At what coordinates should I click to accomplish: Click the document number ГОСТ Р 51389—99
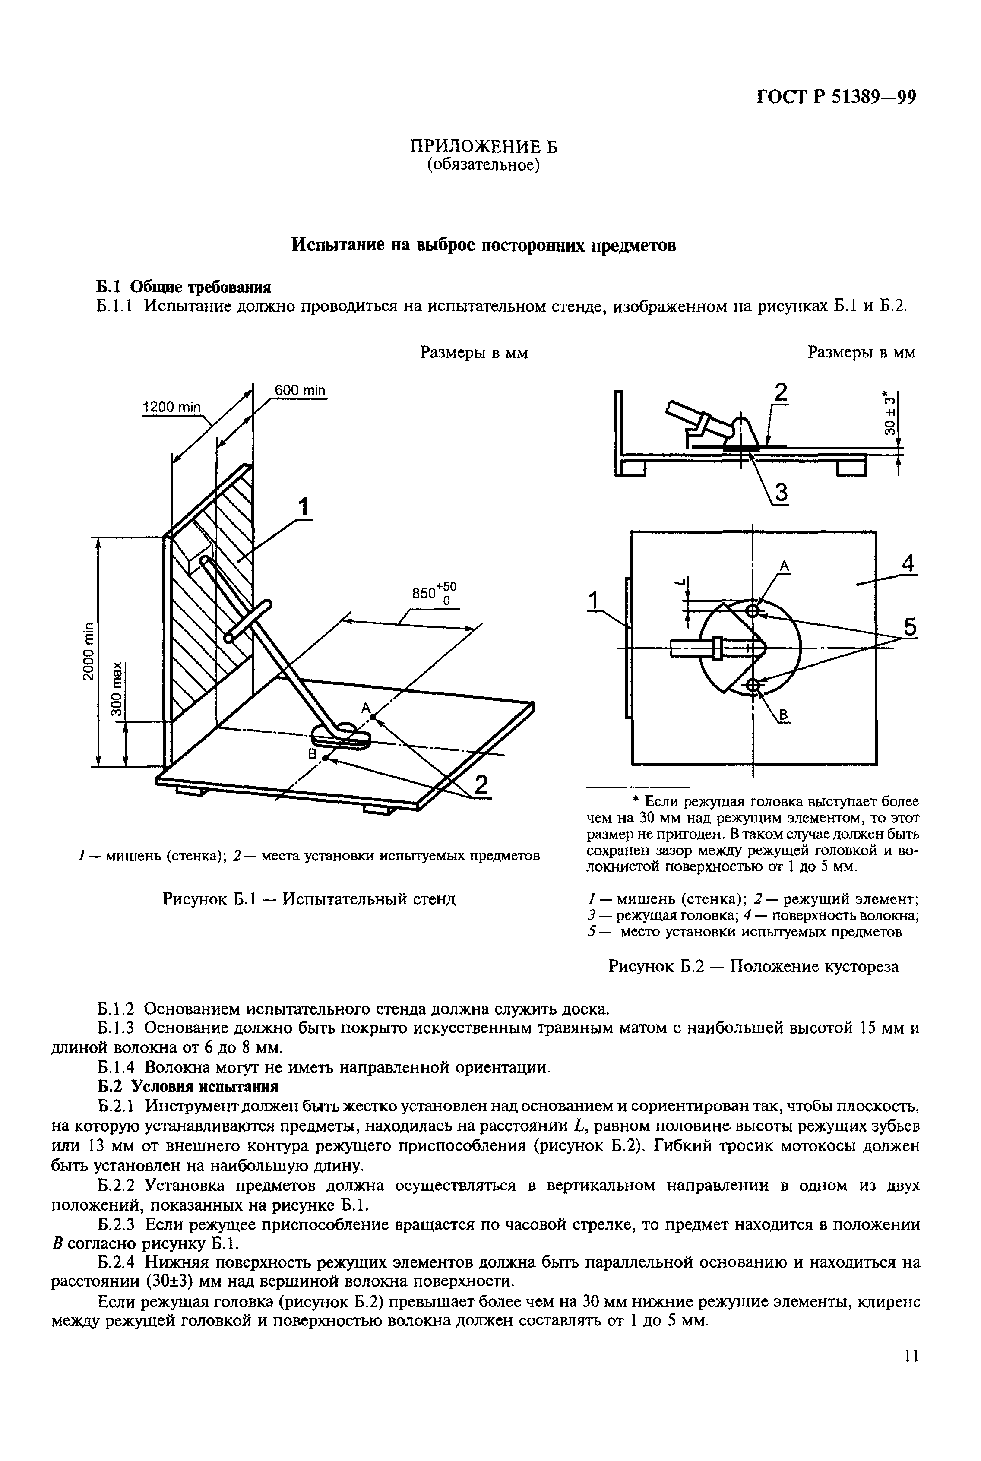pyautogui.click(x=836, y=98)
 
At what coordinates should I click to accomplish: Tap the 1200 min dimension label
pyautogui.click(x=171, y=407)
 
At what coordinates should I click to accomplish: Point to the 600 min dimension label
pyautogui.click(x=301, y=390)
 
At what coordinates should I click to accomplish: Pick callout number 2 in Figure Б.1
pyautogui.click(x=481, y=785)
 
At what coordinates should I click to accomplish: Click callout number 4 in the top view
pyautogui.click(x=908, y=564)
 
